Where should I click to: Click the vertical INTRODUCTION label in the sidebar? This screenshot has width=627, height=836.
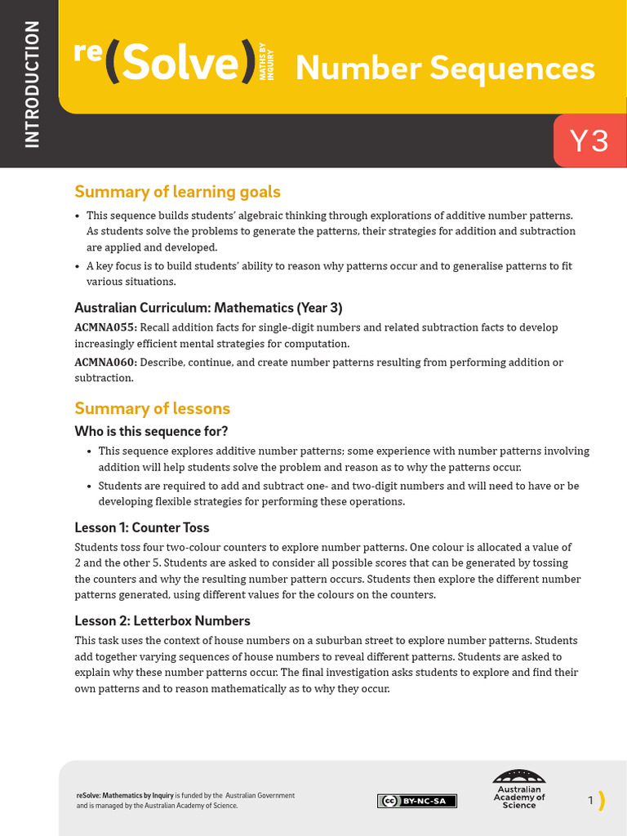coord(32,84)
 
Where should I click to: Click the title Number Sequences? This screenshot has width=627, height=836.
coord(445,69)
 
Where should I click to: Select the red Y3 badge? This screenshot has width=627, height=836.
coord(589,141)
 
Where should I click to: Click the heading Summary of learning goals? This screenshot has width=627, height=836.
coord(177,192)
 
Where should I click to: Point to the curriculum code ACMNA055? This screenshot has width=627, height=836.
coord(105,327)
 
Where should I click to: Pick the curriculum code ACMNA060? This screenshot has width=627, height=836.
coord(105,362)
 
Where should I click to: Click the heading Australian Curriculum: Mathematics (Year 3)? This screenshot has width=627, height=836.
coord(208,308)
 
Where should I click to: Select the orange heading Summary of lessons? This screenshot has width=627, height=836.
coord(152,408)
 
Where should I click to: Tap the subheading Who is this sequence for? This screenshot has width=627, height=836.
coord(151,431)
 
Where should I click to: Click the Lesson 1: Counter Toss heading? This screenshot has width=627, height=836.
coord(142,527)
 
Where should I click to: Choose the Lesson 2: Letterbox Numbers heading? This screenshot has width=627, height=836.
coord(162,620)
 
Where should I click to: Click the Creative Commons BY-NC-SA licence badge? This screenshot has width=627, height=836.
coord(417,801)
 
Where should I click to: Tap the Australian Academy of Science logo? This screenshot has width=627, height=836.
coord(519,789)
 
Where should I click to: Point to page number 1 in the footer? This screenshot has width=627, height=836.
coord(590,801)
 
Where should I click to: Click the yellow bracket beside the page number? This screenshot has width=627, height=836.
coord(602,801)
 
